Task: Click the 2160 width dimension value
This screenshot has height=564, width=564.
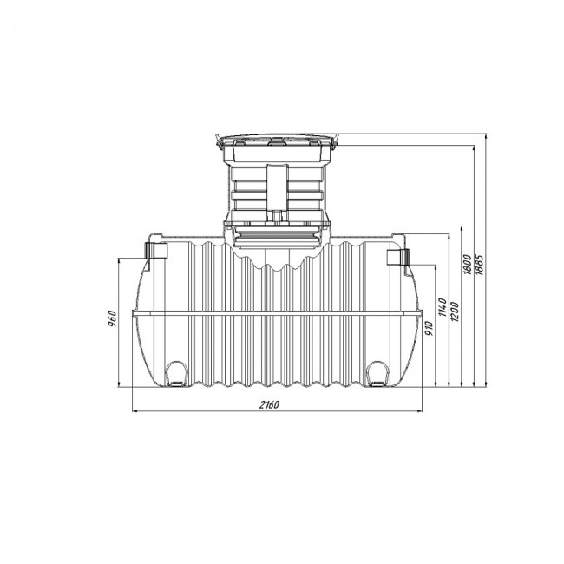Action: tap(269, 404)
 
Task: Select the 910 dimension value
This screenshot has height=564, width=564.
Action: tap(430, 328)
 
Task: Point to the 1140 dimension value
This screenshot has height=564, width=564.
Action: tap(443, 307)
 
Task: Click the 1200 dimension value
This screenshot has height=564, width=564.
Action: tap(455, 312)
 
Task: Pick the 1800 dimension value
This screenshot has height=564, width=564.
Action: tap(467, 265)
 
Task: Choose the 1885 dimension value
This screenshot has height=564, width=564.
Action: tap(480, 265)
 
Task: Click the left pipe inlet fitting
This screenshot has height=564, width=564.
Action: tap(156, 251)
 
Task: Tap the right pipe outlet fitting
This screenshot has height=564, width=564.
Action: tap(397, 257)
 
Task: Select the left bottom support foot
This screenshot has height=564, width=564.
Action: tap(176, 374)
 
